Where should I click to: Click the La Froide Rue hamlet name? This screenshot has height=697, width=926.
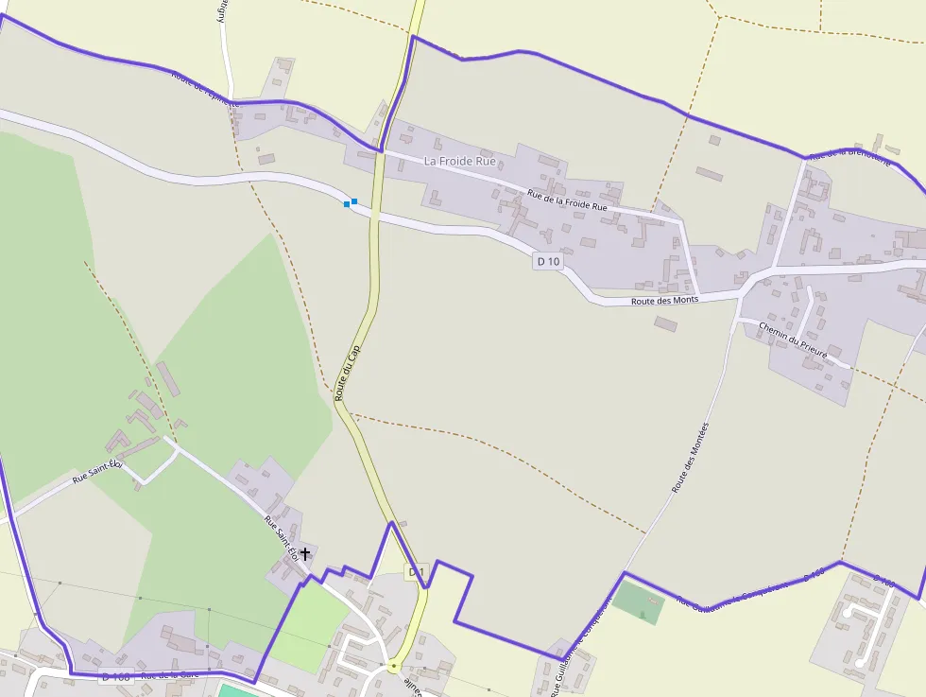(x=459, y=161)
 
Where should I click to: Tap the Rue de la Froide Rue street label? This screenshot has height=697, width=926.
(x=567, y=200)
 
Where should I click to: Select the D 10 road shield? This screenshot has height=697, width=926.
(x=548, y=261)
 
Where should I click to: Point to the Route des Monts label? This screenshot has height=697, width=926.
(x=664, y=301)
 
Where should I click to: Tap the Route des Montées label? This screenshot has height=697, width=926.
(x=690, y=458)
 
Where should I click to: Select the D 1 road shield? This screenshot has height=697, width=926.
(x=417, y=571)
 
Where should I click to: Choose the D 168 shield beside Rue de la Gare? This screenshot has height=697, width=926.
(x=115, y=676)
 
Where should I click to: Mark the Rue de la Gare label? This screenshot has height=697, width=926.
(x=170, y=674)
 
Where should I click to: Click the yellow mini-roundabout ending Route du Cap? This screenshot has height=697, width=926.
(x=393, y=667)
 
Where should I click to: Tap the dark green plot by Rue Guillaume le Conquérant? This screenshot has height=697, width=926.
(x=638, y=602)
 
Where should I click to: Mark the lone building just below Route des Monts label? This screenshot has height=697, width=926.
(x=665, y=323)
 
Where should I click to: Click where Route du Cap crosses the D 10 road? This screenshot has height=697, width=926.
(x=374, y=215)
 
